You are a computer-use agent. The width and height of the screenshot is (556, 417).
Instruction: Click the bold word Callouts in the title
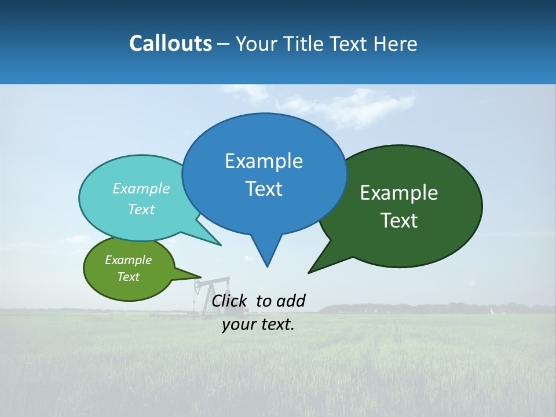(x=170, y=43)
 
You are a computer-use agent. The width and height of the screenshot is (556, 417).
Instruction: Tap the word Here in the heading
(x=395, y=43)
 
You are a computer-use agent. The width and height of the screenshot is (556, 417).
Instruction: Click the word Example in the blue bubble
(x=264, y=161)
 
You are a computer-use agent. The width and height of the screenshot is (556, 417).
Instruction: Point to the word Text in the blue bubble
(x=264, y=189)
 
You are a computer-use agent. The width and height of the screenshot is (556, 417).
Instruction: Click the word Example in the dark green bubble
(x=399, y=193)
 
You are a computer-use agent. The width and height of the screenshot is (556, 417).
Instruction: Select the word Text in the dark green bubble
(x=399, y=221)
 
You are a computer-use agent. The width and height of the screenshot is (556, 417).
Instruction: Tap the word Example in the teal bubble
(x=141, y=189)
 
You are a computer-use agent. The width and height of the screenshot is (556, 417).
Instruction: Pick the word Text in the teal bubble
(x=141, y=209)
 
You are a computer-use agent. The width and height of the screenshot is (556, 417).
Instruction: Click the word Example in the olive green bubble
(x=128, y=260)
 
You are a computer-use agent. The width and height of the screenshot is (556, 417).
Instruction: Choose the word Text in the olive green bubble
(x=128, y=277)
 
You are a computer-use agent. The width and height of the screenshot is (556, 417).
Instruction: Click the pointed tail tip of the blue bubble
(x=267, y=266)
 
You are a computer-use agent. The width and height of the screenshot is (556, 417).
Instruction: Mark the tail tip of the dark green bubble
(x=309, y=272)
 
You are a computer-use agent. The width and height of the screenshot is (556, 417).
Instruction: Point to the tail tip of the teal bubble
(x=221, y=245)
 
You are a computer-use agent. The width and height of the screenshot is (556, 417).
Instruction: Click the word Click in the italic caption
(x=229, y=301)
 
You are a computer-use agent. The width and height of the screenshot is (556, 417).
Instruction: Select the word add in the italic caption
(x=291, y=301)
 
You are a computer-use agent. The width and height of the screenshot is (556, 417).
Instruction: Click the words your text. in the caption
(x=258, y=324)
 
